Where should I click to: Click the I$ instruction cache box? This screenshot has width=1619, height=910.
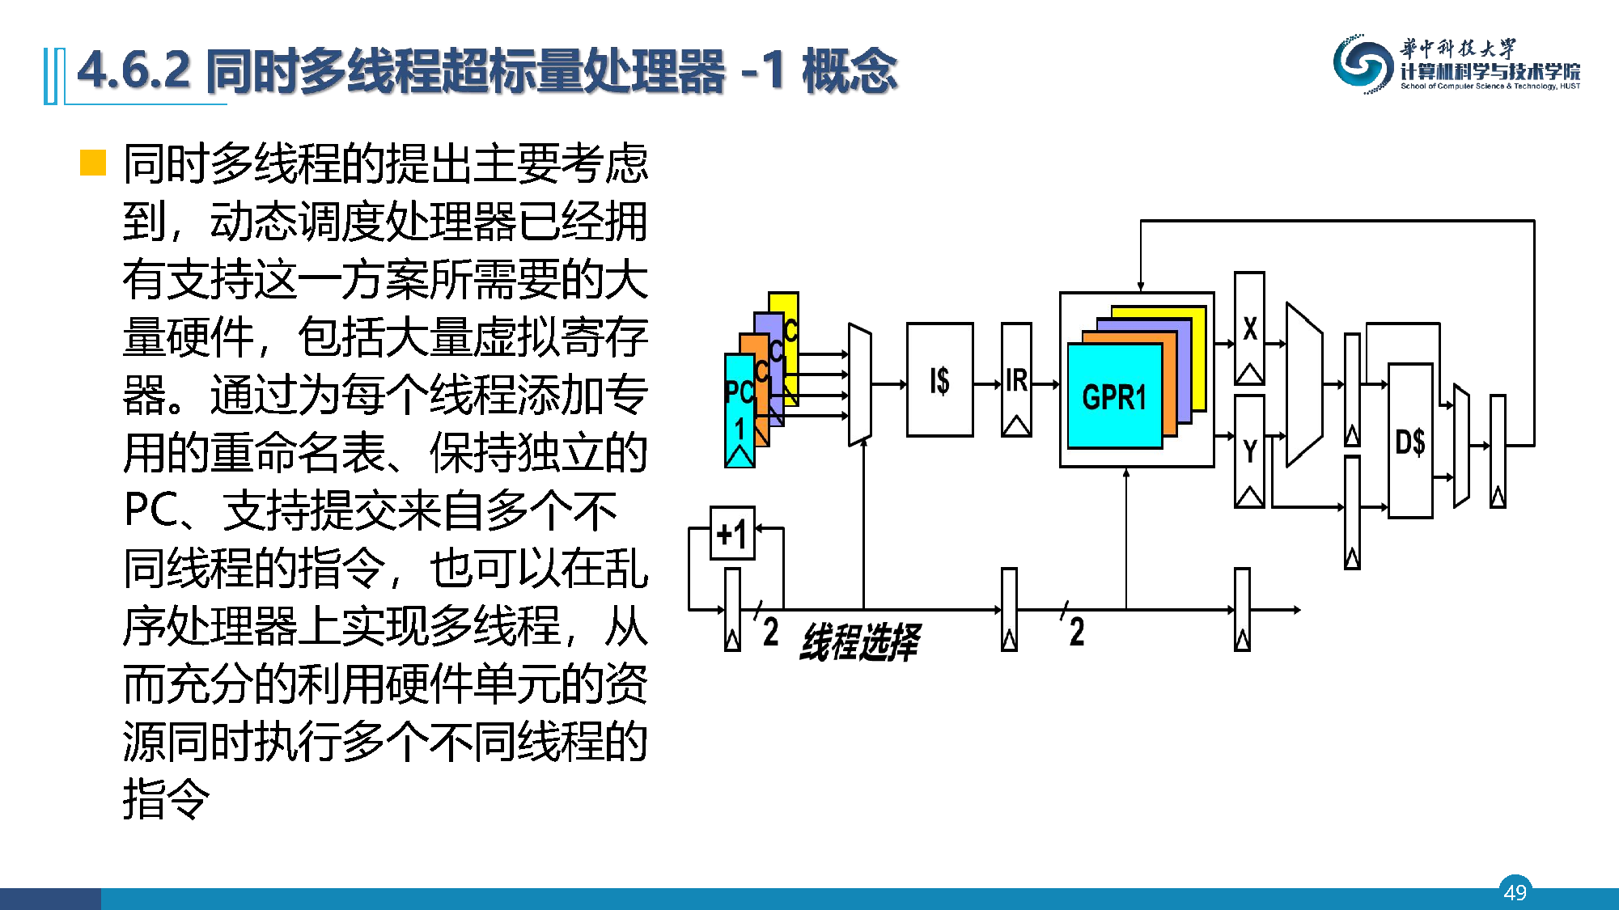[x=939, y=380]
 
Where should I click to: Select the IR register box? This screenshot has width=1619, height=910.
[x=1016, y=380]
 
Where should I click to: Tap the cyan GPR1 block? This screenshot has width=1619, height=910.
[x=1114, y=396]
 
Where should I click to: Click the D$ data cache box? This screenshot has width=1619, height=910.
[x=1410, y=442]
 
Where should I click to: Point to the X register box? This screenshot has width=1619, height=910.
[x=1249, y=328]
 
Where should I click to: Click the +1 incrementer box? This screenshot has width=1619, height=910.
[x=732, y=534]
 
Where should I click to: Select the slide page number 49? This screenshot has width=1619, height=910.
[x=1515, y=891]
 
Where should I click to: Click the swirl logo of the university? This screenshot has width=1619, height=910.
[x=1363, y=64]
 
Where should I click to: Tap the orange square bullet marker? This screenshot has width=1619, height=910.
[x=93, y=163]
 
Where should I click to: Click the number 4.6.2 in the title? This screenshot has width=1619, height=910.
[x=134, y=70]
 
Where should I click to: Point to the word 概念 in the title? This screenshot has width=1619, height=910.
[x=849, y=70]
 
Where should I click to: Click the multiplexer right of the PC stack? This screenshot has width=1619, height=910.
[x=859, y=385]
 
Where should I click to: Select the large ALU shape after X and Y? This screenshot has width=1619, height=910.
[x=1303, y=385]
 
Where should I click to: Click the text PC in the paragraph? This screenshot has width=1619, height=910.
[x=150, y=510]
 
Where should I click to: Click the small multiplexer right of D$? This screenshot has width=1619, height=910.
[x=1461, y=446]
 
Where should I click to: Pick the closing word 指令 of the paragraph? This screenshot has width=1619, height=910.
[x=167, y=799]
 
